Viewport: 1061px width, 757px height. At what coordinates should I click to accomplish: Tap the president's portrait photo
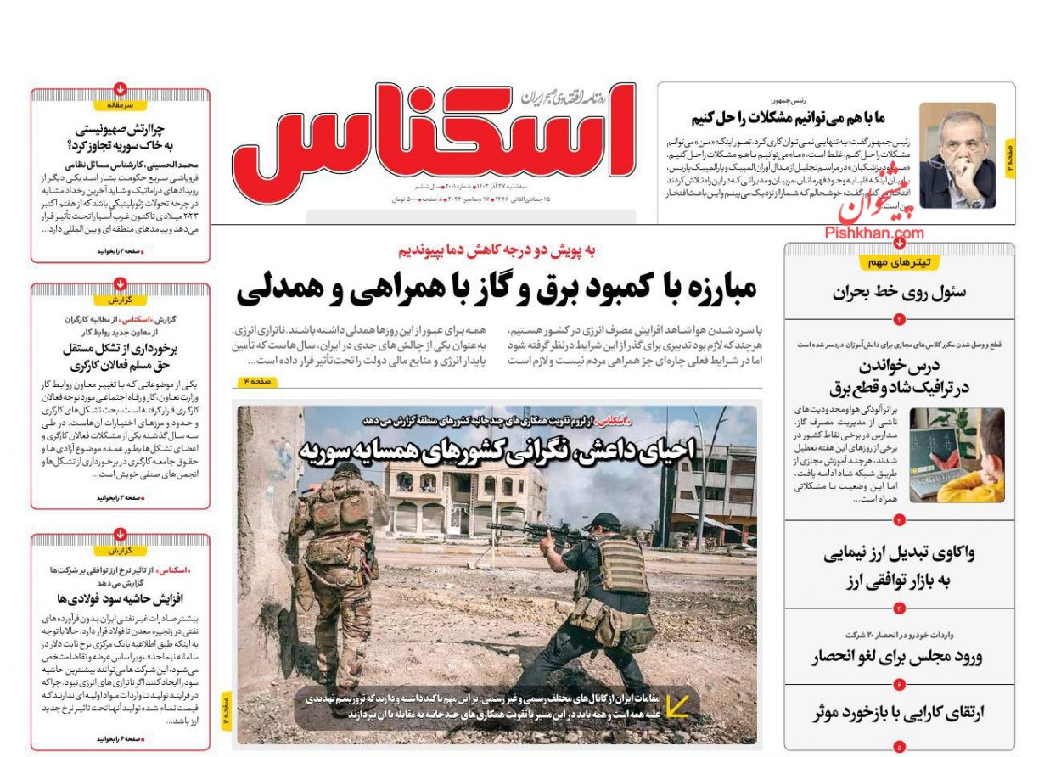(957, 155)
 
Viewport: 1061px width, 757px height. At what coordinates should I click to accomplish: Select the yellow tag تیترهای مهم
(899, 262)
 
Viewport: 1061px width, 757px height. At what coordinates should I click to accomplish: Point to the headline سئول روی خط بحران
(899, 294)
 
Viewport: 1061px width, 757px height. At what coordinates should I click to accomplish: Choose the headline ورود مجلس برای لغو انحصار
(897, 657)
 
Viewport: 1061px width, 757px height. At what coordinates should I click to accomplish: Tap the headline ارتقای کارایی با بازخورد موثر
(897, 713)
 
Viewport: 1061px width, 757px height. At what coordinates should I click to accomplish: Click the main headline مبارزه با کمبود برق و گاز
(496, 290)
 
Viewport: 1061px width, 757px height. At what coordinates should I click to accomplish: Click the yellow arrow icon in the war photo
(676, 705)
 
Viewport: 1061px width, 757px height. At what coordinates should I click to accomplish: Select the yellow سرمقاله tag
(120, 105)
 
